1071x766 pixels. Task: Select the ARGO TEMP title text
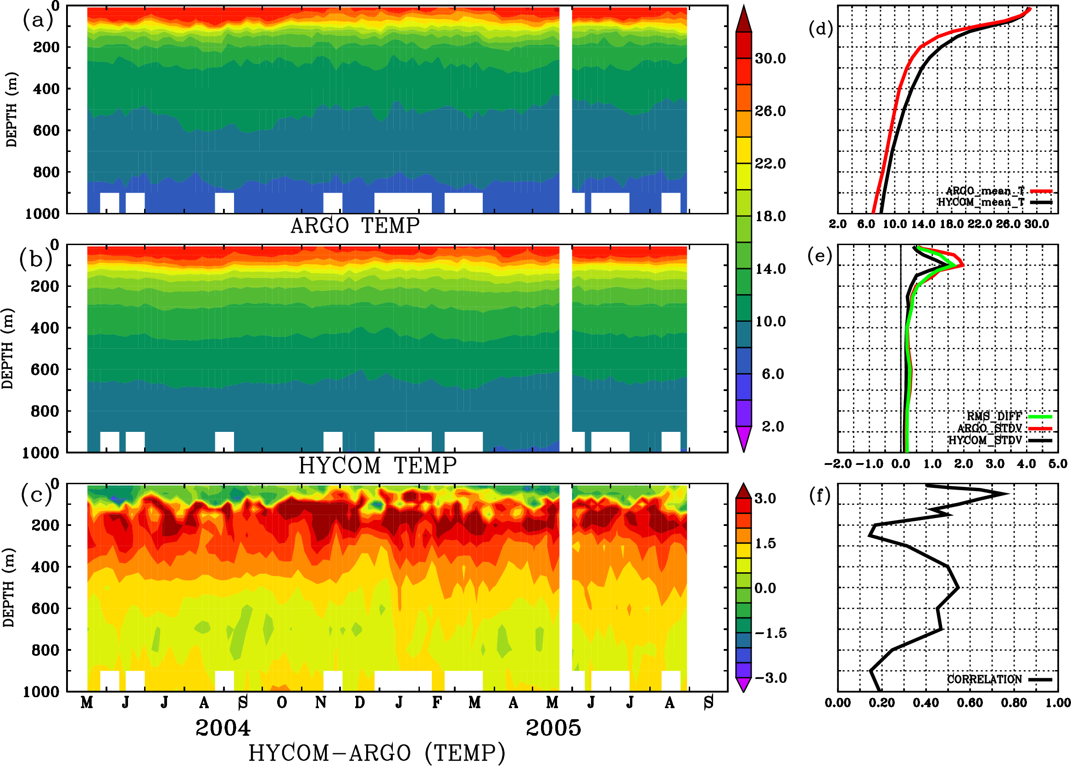tap(355, 226)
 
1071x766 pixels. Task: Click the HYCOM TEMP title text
tap(377, 465)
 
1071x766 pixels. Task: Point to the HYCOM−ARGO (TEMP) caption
tap(376, 753)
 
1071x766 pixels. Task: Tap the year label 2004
tap(223, 728)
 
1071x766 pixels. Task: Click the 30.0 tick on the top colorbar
tap(770, 58)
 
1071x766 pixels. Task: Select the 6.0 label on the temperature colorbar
tap(772, 374)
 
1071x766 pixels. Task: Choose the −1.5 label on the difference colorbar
tap(770, 633)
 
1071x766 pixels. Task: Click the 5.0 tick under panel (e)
tap(1057, 464)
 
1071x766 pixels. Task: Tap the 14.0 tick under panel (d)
tap(922, 224)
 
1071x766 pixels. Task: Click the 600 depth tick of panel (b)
tap(45, 369)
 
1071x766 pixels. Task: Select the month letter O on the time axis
tap(282, 703)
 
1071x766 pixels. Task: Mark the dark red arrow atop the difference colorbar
tap(744, 491)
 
